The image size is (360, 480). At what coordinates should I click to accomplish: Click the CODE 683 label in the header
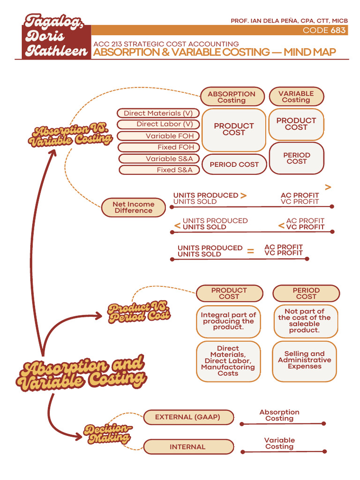[324, 30]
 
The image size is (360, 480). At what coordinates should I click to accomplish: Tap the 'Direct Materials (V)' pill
[158, 113]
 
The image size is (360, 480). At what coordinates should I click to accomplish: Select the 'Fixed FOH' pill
[158, 147]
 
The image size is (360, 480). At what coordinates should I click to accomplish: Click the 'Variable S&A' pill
[158, 158]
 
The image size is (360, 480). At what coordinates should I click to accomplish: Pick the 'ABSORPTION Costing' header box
[232, 97]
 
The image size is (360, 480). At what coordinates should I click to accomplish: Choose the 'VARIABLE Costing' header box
[296, 97]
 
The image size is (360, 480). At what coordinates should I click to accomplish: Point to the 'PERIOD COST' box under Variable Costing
[296, 158]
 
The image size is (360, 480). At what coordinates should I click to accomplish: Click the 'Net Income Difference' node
[133, 207]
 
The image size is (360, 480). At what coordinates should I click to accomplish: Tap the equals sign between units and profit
[251, 252]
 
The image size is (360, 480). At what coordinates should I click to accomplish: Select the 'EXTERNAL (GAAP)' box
[187, 417]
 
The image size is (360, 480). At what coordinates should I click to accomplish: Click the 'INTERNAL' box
[187, 447]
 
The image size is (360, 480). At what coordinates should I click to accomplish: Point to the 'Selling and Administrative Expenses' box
[305, 360]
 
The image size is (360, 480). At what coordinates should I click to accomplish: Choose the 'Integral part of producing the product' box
[228, 321]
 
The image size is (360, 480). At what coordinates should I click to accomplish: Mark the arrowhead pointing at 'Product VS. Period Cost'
[98, 315]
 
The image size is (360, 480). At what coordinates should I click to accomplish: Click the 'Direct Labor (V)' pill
[158, 124]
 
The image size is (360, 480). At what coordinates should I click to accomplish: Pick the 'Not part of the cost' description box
[305, 321]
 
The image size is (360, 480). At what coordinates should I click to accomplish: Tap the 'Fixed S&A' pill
[158, 170]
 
